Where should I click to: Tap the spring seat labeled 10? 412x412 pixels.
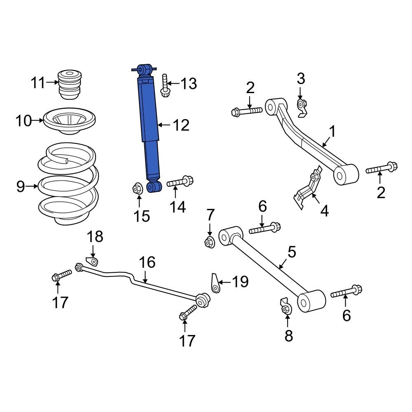tap(69, 121)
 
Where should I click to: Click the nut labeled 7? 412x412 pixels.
tap(210, 242)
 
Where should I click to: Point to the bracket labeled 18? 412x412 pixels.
tap(93, 261)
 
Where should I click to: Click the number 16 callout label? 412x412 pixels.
tap(147, 262)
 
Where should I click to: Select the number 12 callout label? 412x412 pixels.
tap(181, 125)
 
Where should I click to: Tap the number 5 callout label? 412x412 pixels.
tap(292, 252)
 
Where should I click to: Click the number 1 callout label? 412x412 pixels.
tap(332, 132)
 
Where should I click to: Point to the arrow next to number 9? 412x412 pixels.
tap(32, 187)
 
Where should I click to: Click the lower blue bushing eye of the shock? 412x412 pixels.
tap(154, 187)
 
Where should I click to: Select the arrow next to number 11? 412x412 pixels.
tap(52, 82)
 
